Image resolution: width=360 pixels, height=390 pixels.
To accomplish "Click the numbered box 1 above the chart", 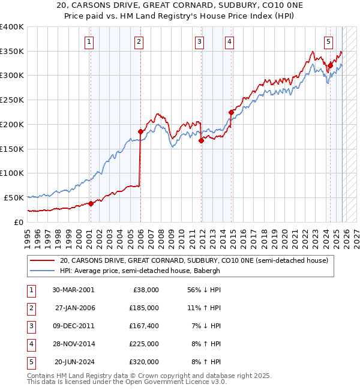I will click(89, 41).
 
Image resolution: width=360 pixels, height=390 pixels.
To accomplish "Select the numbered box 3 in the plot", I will click(199, 41).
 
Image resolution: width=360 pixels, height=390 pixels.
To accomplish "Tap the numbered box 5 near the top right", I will click(329, 41).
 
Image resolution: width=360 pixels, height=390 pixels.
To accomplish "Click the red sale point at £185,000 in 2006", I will click(140, 131).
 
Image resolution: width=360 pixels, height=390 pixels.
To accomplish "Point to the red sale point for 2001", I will click(91, 203).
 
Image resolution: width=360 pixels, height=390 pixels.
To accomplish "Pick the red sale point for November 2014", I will click(231, 112).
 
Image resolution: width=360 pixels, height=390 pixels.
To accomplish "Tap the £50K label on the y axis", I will click(14, 197).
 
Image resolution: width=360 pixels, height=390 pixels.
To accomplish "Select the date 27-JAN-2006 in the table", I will click(74, 308).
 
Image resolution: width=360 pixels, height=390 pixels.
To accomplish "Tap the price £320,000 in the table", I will click(144, 362).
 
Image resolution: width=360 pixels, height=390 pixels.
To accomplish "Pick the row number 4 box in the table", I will click(31, 344).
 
